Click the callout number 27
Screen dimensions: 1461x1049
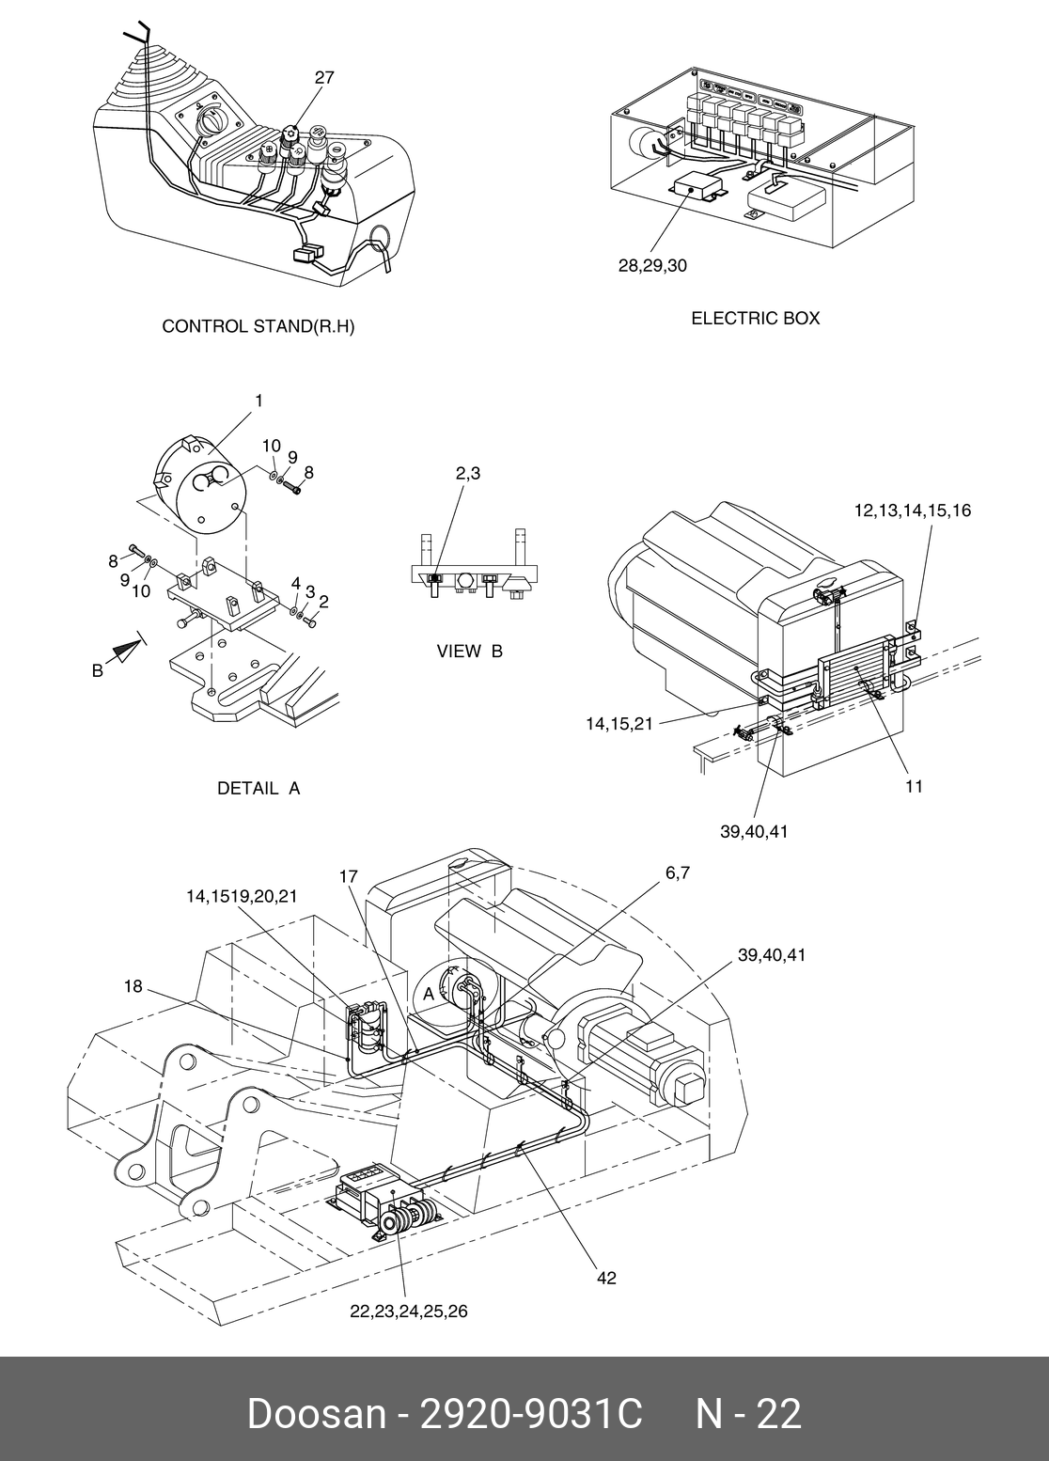pos(323,78)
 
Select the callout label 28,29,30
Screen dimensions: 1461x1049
pos(652,266)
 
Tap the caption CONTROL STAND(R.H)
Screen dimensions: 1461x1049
pos(258,326)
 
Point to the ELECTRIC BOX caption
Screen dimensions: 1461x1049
pos(756,318)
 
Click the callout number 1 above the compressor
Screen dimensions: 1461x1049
pos(258,401)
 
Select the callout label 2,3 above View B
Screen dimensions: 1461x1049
pos(468,474)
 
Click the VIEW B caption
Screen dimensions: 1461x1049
pos(470,652)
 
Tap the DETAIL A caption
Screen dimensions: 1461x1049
pos(258,789)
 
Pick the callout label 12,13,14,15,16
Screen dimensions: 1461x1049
pos(912,511)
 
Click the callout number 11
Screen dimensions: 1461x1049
pos(914,787)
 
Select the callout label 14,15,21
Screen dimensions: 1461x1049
pos(616,723)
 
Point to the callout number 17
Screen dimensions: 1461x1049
pos(349,876)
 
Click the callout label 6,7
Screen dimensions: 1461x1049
pos(678,872)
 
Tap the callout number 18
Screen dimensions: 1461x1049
pos(133,986)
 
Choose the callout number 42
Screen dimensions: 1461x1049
pos(607,1278)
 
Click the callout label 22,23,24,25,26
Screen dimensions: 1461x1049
pos(408,1312)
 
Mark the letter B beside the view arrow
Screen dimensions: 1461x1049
pos(97,670)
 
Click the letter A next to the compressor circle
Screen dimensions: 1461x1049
pos(429,994)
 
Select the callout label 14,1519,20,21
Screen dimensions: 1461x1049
pos(242,897)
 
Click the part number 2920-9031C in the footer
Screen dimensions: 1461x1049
pos(531,1414)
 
